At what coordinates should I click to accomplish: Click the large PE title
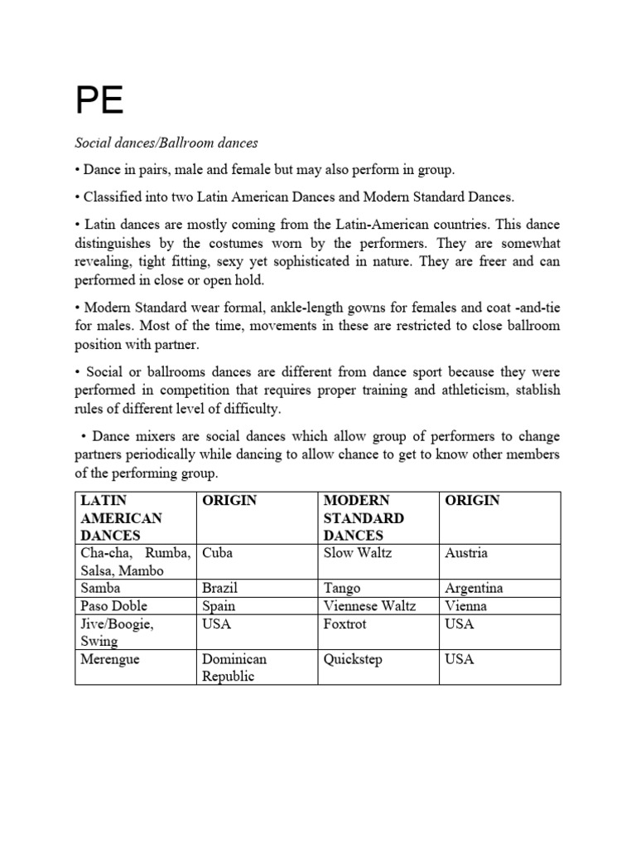tap(99, 101)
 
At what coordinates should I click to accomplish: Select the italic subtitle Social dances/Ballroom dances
tap(166, 143)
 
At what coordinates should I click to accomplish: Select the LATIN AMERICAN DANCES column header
tap(121, 517)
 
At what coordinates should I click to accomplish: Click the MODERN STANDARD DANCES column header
tap(364, 517)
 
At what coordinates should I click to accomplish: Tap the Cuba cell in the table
tap(218, 553)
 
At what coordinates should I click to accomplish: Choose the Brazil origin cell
tap(220, 588)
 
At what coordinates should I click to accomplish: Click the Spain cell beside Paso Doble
tap(219, 605)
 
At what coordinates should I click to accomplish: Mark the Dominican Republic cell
tap(233, 667)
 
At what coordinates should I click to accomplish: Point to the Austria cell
tap(466, 553)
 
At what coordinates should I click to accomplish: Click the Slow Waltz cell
tap(359, 553)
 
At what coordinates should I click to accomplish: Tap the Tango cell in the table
tap(342, 588)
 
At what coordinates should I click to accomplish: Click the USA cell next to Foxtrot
tap(460, 623)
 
